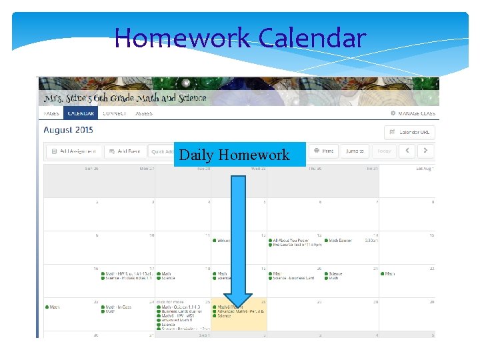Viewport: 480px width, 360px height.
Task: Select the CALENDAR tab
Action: coord(81,113)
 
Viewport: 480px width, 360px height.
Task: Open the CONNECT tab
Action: coord(115,113)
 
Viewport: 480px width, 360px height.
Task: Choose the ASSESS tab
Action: coord(144,113)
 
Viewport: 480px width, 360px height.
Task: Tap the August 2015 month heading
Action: coord(69,130)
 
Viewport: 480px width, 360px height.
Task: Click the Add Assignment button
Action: coord(75,151)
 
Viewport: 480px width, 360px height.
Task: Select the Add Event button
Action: coord(125,151)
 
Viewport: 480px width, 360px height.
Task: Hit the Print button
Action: coord(323,151)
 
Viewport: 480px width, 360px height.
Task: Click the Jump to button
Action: coord(354,151)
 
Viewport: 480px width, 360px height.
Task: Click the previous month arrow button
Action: coord(407,151)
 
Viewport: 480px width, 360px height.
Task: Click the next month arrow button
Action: coord(425,151)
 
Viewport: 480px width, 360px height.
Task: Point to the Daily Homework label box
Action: coord(239,155)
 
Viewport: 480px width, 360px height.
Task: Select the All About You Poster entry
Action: coord(291,240)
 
